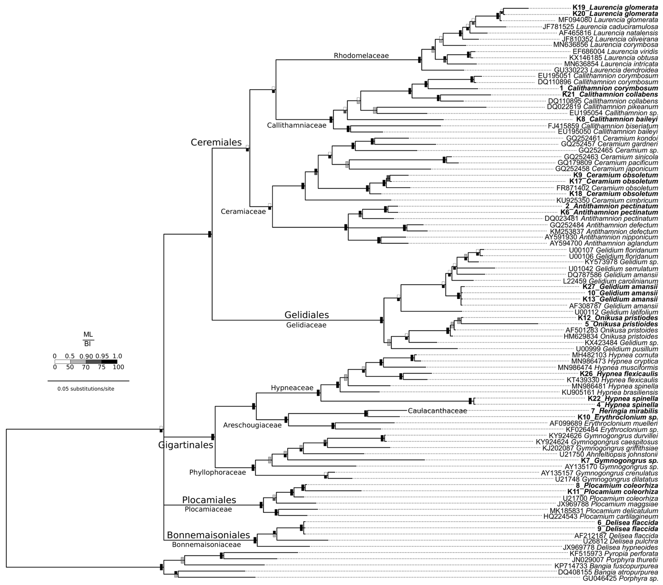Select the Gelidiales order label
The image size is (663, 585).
(306, 315)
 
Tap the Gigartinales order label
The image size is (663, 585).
(186, 445)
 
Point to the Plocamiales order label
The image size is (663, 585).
(209, 500)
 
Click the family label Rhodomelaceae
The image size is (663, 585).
(361, 56)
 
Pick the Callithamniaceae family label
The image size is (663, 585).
(296, 125)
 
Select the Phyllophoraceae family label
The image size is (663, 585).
(218, 472)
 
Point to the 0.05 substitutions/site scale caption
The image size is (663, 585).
(86, 389)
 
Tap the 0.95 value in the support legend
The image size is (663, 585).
(102, 356)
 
